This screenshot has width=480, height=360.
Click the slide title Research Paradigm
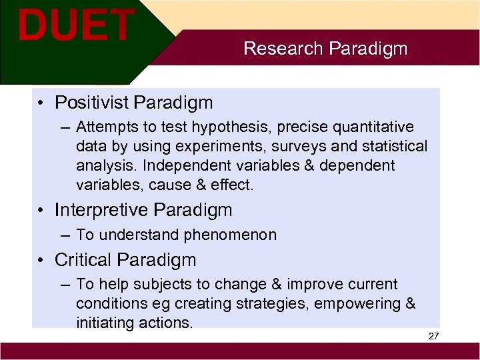325,49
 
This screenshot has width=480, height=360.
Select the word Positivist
91,103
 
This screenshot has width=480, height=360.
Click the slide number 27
433,336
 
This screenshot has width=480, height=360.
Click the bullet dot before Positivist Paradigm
42,103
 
